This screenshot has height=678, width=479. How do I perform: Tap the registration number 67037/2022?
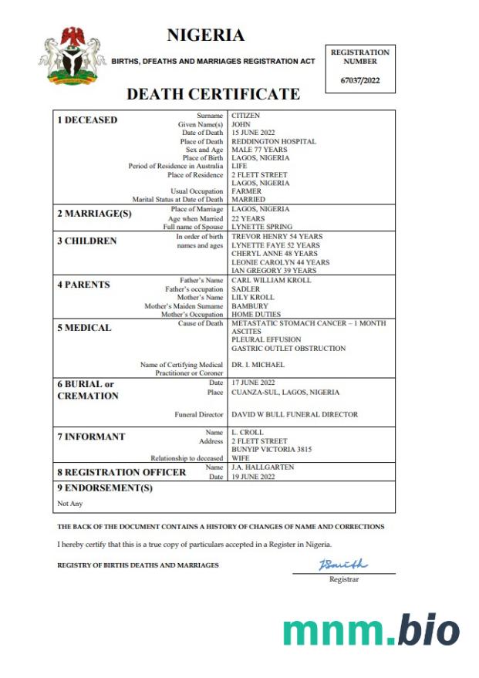click(360, 80)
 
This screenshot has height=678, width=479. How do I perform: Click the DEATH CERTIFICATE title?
click(213, 95)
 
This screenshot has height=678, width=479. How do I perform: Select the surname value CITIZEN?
click(246, 116)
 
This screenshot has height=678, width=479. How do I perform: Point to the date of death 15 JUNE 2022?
click(254, 133)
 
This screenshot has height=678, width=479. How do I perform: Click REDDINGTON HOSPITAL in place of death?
click(274, 141)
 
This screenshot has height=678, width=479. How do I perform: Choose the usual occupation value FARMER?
click(247, 191)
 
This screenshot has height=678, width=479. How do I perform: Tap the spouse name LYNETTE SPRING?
click(262, 227)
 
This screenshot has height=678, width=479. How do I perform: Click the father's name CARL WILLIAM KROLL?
click(272, 281)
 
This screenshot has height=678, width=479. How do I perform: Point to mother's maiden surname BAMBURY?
click(250, 306)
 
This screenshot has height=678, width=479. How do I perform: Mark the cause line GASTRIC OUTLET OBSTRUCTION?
click(288, 349)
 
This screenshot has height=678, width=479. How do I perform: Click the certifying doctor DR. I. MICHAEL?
click(258, 365)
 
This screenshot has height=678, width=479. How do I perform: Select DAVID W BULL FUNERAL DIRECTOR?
click(295, 414)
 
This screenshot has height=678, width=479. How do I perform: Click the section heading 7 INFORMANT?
click(91, 437)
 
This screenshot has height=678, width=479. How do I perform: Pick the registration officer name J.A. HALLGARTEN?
click(262, 467)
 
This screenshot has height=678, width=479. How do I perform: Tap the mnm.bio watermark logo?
click(371, 630)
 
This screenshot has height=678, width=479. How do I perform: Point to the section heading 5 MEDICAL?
click(84, 328)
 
